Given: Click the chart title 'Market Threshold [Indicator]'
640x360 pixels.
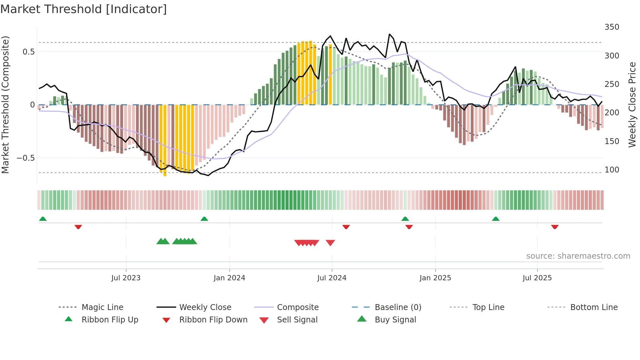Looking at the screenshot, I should pyautogui.click(x=84, y=9).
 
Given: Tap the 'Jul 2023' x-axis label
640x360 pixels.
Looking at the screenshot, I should pyautogui.click(x=126, y=278).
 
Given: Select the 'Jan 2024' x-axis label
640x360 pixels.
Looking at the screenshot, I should pyautogui.click(x=229, y=278).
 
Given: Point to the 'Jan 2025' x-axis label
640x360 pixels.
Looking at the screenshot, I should pyautogui.click(x=435, y=278).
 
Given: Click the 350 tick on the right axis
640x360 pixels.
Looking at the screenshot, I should pyautogui.click(x=612, y=27).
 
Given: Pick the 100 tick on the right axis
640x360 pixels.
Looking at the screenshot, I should pyautogui.click(x=612, y=170).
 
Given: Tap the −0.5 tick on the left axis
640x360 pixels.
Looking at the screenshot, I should pyautogui.click(x=25, y=158).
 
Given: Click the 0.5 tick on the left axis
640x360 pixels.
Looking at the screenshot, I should pyautogui.click(x=28, y=52).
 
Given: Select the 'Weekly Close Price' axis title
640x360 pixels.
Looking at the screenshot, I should pyautogui.click(x=632, y=105).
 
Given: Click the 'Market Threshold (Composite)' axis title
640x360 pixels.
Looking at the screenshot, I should pyautogui.click(x=5, y=105).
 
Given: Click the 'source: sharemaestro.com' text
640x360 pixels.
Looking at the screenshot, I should pyautogui.click(x=578, y=256).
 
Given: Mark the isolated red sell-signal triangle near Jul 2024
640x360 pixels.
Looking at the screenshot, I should pyautogui.click(x=330, y=243).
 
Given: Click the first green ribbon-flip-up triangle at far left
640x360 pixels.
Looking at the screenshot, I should pyautogui.click(x=43, y=219).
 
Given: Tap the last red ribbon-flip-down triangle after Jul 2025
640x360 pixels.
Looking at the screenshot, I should pyautogui.click(x=555, y=227).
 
